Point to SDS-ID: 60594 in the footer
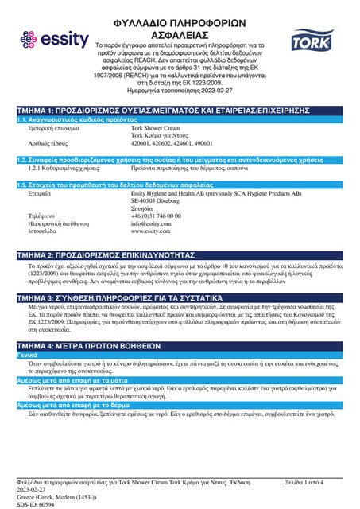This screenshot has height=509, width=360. pyautogui.click(x=38, y=504)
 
